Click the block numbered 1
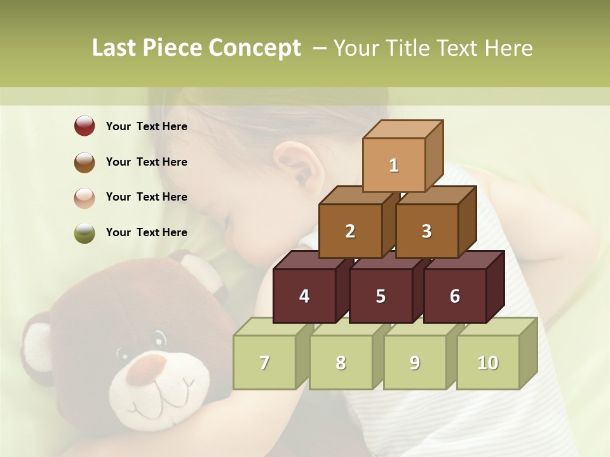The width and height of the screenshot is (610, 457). point(394,165)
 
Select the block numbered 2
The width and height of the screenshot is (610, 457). point(350,231)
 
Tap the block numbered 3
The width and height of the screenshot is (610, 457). point(426,231)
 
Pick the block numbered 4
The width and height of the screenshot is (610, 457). point(304,296)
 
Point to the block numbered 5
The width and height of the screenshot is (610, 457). point(381,296)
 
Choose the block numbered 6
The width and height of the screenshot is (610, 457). point(455,296)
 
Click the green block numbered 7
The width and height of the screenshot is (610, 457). point(264,362)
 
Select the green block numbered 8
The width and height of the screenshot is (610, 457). point(341,362)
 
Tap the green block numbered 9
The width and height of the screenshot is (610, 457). point(414,362)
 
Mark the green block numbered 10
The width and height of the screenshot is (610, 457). point(487,362)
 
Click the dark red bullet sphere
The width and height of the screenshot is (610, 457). point(85,126)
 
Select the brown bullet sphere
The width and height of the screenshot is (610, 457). point(85,162)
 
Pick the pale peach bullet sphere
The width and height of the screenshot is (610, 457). point(85,197)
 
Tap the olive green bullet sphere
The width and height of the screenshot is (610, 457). point(85,232)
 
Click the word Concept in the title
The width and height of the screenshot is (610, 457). point(254,48)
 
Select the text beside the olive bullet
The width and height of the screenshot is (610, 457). point(147,232)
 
